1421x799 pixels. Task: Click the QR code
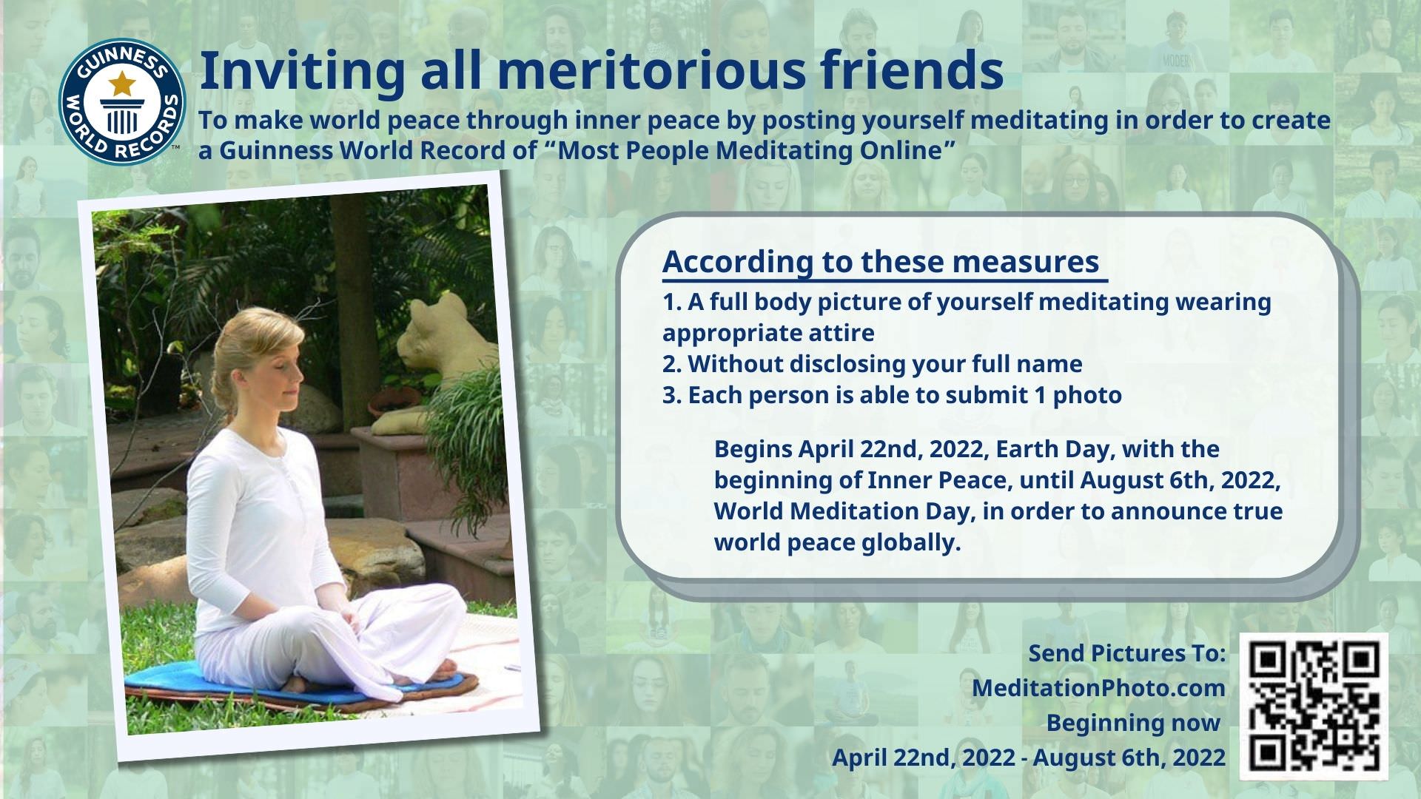click(1314, 706)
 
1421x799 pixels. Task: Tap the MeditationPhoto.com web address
click(1098, 688)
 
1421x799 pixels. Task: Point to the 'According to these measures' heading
click(881, 262)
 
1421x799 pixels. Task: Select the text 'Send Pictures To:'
click(1127, 653)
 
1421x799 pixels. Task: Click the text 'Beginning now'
click(1133, 723)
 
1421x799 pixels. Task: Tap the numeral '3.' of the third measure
click(671, 395)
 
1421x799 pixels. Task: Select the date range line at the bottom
click(1029, 758)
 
